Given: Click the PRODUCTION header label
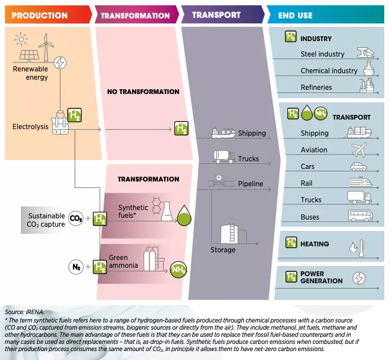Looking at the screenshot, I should (40, 15).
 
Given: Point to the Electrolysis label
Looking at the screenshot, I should (30, 127).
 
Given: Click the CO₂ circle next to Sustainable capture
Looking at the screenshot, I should (76, 218).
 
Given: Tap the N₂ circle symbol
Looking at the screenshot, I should (76, 267).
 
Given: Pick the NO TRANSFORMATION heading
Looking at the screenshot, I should (143, 92).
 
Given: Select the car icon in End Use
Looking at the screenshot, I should (359, 167).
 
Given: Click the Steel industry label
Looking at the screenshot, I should (322, 54).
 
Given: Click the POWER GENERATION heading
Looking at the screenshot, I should (321, 278).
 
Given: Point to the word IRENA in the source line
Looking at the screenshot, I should (34, 312).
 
